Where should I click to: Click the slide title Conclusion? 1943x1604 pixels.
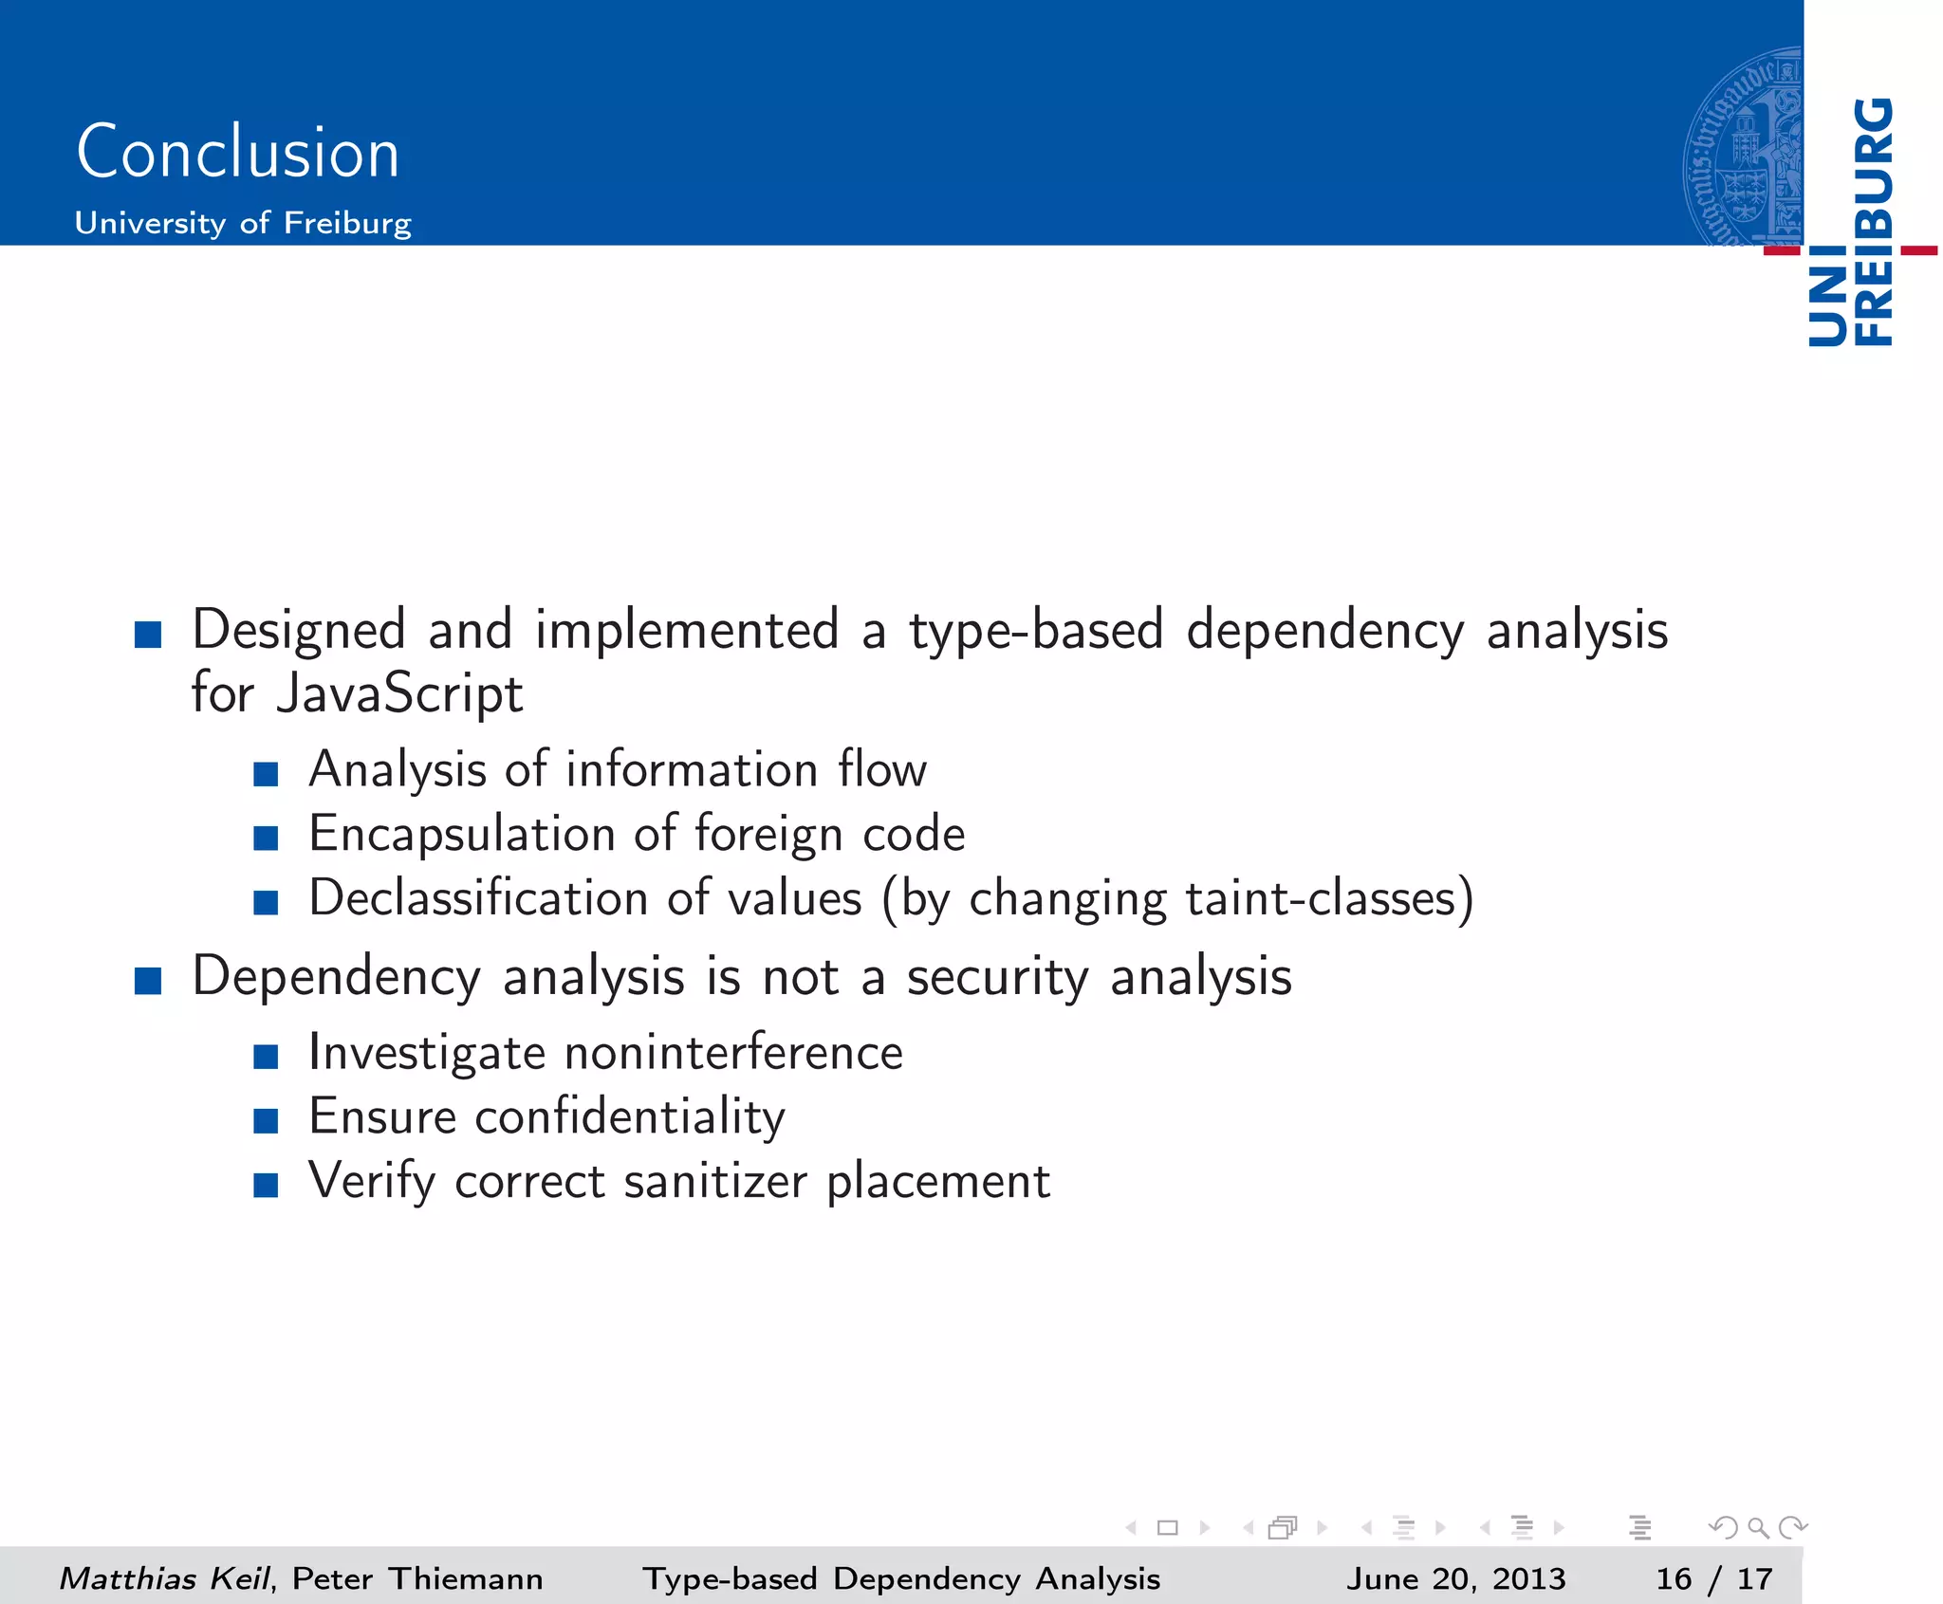point(237,152)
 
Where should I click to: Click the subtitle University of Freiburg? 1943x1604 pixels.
point(243,223)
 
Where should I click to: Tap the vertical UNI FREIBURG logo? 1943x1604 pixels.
point(1851,223)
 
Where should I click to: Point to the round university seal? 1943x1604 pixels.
point(1744,147)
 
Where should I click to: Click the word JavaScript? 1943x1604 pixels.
point(399,693)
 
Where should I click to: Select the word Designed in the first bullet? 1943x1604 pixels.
point(299,630)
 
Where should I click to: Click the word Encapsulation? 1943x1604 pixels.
point(462,834)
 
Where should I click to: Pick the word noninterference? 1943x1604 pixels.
point(733,1053)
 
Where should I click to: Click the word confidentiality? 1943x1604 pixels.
point(629,1116)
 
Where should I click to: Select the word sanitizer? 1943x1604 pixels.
point(715,1182)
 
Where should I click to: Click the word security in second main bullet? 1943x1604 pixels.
point(997,977)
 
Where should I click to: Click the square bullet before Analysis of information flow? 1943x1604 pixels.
point(266,774)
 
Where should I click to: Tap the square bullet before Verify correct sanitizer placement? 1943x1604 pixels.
point(266,1186)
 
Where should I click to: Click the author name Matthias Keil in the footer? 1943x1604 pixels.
point(164,1578)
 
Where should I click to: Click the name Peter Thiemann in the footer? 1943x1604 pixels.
point(417,1578)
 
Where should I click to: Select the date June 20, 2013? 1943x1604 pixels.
point(1455,1578)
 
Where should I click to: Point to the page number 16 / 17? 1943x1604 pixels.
point(1713,1578)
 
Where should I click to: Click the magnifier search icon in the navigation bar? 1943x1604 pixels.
point(1758,1527)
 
